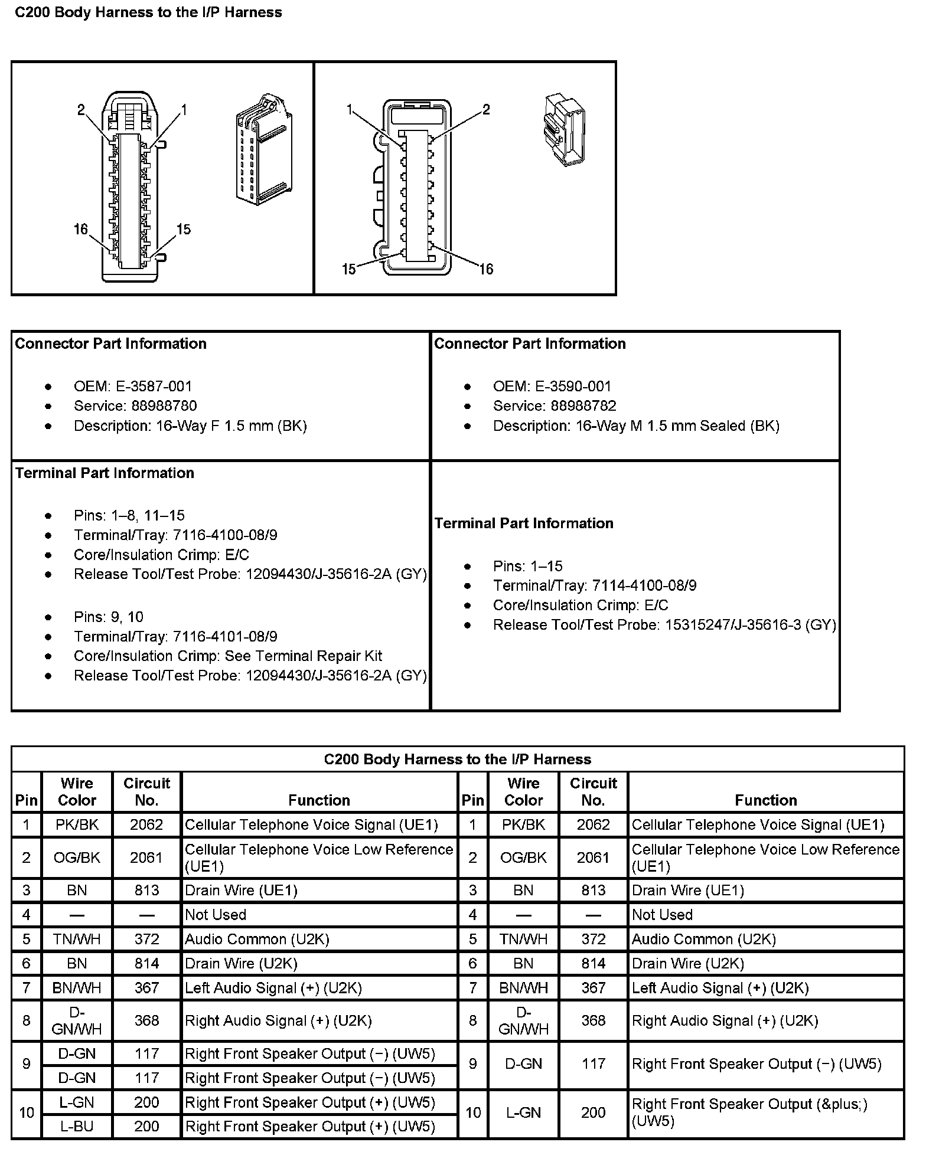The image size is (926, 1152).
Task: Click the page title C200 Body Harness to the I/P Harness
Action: point(148,12)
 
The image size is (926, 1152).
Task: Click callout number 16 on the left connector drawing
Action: point(81,229)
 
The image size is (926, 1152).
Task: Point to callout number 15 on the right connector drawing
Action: point(349,269)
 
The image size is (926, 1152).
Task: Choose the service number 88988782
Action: point(583,406)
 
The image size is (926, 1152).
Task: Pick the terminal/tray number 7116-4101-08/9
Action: point(225,636)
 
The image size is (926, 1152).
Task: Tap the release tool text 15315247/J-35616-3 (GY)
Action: point(751,624)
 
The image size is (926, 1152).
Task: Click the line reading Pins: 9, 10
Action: point(109,617)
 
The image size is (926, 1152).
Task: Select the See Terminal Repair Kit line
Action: point(228,656)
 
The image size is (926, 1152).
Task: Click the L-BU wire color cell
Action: point(77,1126)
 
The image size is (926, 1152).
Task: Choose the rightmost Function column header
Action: point(766,800)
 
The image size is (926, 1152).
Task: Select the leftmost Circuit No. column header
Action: point(146,791)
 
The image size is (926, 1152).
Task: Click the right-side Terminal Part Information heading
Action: point(524,523)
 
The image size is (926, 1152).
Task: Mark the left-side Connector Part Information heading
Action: point(111,344)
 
